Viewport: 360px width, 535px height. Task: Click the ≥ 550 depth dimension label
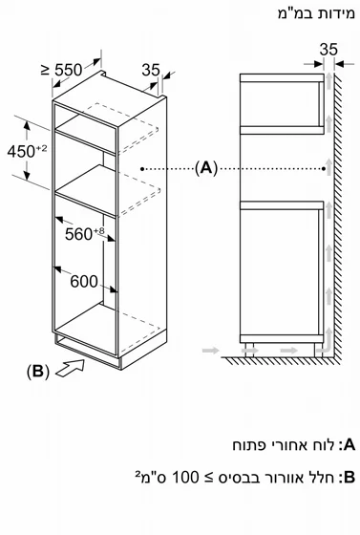[62, 70]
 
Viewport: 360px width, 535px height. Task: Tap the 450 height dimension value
[21, 151]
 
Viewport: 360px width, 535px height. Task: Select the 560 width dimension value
[78, 234]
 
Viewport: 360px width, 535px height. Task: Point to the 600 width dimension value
[84, 282]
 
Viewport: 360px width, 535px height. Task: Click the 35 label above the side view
[328, 50]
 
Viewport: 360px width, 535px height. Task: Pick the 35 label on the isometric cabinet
[151, 70]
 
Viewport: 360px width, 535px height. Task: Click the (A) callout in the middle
[206, 168]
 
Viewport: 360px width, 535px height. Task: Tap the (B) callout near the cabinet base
[38, 372]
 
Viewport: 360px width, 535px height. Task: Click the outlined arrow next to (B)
[71, 369]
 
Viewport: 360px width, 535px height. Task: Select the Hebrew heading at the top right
[316, 14]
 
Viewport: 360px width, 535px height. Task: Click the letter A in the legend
[350, 445]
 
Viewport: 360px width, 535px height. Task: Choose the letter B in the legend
[350, 477]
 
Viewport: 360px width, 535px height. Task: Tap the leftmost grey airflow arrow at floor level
[210, 350]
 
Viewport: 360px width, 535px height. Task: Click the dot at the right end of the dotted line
[323, 168]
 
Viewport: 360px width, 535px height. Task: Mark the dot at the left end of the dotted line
[142, 168]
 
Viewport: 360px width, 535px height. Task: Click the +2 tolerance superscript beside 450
[41, 148]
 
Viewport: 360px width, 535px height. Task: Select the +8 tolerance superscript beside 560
[99, 231]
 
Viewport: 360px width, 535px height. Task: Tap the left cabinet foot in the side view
[249, 350]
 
